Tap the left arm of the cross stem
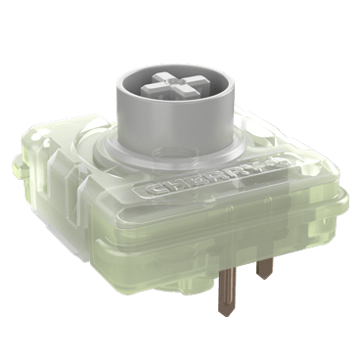coord(150,87)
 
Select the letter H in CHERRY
coord(171,185)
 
